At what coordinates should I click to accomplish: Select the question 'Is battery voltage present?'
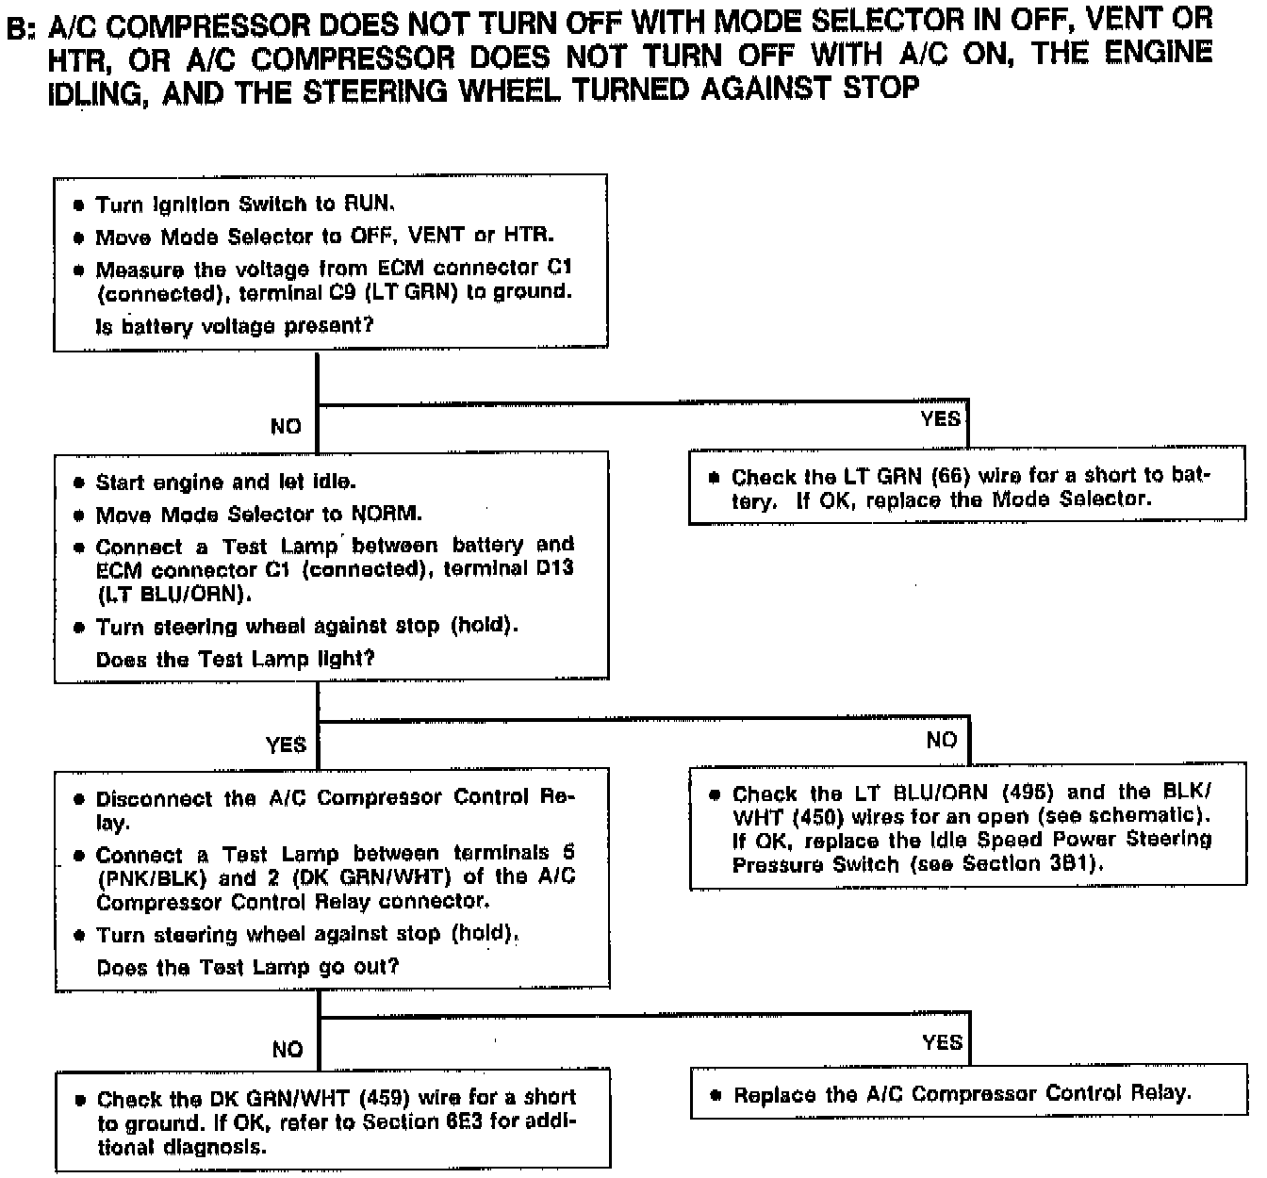(235, 326)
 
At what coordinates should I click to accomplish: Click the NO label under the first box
(286, 426)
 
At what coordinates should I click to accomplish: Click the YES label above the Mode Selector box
(940, 417)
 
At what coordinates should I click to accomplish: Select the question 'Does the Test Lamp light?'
(235, 659)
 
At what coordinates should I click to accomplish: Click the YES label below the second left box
(286, 744)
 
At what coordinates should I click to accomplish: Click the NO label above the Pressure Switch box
(941, 740)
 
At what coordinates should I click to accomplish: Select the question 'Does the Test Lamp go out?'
(247, 967)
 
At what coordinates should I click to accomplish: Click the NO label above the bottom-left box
(288, 1049)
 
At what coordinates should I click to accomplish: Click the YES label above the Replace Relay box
(942, 1041)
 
